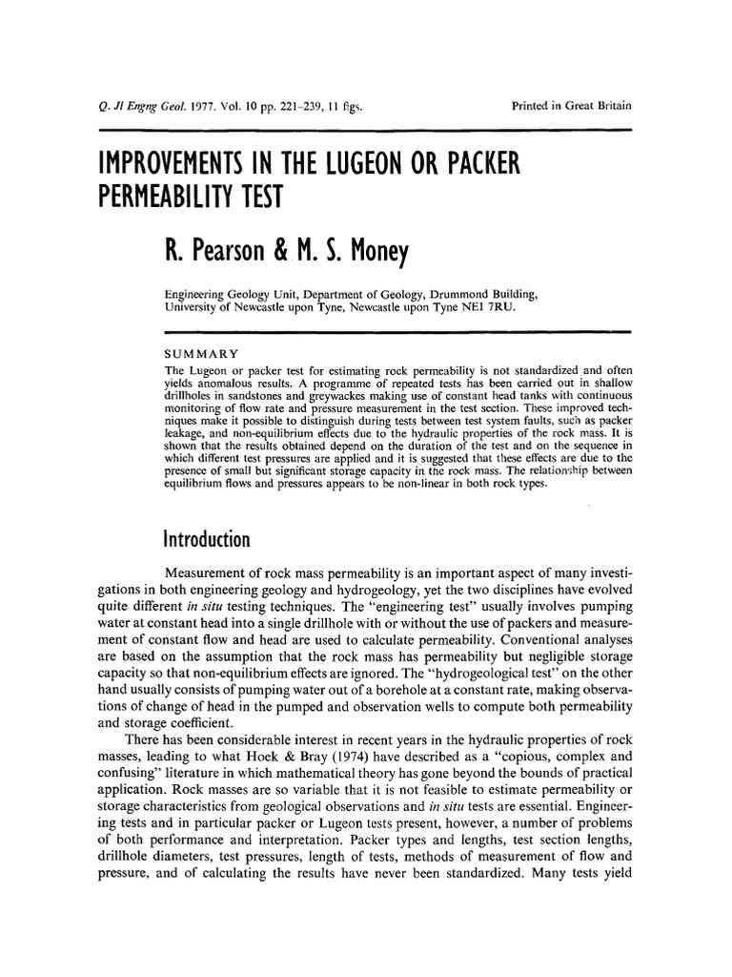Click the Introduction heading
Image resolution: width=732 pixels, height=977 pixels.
(208, 541)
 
